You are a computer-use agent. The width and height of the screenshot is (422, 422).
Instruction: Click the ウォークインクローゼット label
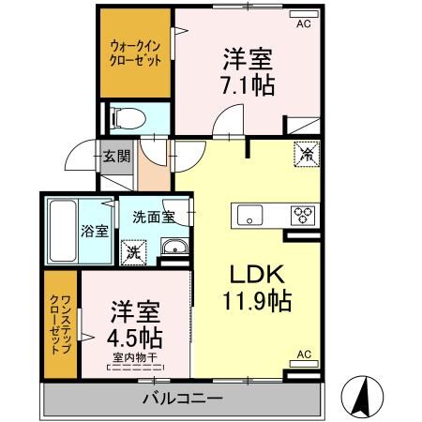coord(135,53)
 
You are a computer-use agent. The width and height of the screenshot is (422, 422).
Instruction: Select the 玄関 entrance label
coord(116,156)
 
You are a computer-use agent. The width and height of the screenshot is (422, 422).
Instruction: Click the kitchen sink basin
coord(249,214)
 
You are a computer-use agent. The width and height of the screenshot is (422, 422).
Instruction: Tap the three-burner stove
coord(302,214)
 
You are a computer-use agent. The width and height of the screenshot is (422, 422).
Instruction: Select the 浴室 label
coord(93,230)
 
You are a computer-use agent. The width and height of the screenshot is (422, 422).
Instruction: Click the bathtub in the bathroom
coord(62,230)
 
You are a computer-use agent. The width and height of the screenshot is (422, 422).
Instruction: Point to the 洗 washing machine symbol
coord(133,251)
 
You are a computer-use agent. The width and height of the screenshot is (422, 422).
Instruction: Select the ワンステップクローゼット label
coord(60,324)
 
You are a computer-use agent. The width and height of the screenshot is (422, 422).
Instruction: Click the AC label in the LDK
coord(303,354)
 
